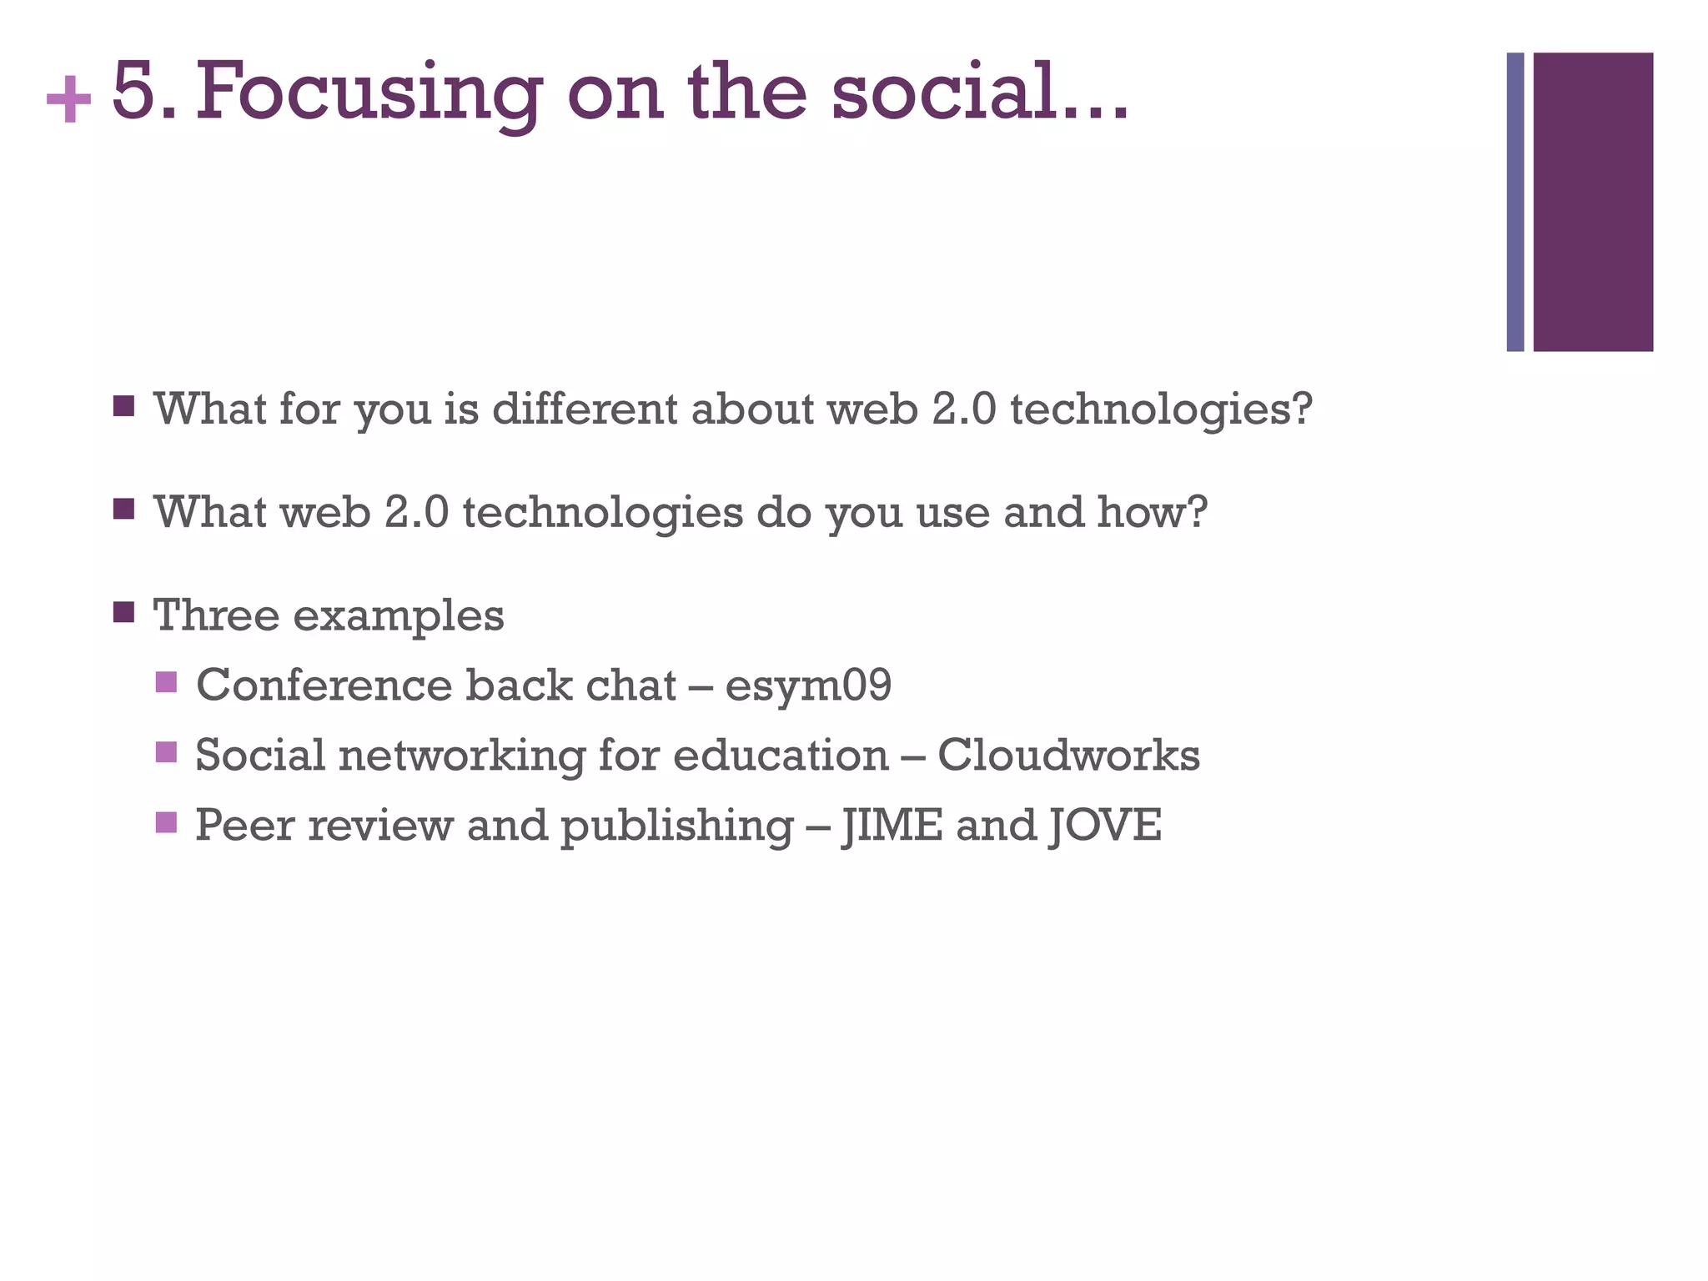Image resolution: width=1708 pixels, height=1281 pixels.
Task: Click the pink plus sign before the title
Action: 68,99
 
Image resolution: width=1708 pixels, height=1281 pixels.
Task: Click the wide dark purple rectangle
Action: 1593,202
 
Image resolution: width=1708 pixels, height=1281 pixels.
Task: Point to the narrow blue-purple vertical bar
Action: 1515,202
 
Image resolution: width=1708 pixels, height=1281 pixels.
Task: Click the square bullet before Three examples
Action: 123,613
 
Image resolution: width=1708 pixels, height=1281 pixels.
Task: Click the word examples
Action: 399,617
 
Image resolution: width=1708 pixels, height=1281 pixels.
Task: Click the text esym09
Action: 808,686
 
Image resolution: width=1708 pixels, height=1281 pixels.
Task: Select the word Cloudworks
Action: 1068,755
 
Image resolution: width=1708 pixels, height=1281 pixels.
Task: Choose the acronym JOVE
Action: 1105,826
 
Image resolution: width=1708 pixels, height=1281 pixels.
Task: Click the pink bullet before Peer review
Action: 166,822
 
